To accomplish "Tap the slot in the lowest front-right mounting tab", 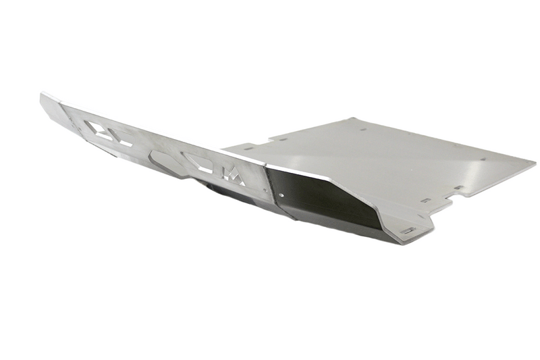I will tap(408, 231).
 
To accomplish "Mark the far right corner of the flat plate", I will tap(534, 162).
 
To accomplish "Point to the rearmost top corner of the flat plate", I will tap(354, 119).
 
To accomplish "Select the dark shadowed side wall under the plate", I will tap(324, 203).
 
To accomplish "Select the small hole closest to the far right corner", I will tap(483, 159).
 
